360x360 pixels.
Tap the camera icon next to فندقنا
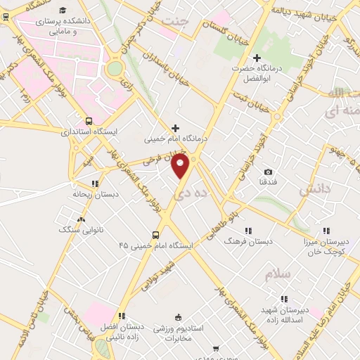(268, 172)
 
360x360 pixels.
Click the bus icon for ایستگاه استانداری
(89, 120)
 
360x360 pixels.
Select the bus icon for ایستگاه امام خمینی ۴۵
(155, 235)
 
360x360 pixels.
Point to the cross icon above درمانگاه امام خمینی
(175, 127)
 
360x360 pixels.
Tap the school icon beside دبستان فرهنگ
(247, 230)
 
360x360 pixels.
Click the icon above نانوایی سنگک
(82, 220)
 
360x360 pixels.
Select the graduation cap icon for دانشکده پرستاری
(63, 11)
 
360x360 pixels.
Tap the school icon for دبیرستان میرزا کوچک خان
(326, 230)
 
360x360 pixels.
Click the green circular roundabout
(114, 68)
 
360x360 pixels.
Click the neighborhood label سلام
(278, 274)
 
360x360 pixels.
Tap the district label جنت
(176, 20)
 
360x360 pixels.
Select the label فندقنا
(267, 184)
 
